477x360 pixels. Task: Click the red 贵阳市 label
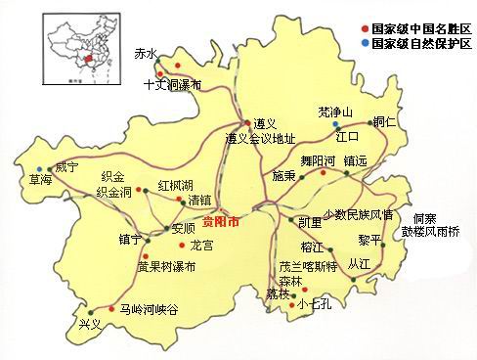pyautogui.click(x=221, y=222)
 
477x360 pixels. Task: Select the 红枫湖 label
pyautogui.click(x=176, y=183)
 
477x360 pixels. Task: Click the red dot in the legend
pyautogui.click(x=365, y=30)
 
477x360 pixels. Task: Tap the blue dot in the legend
pyautogui.click(x=365, y=45)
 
